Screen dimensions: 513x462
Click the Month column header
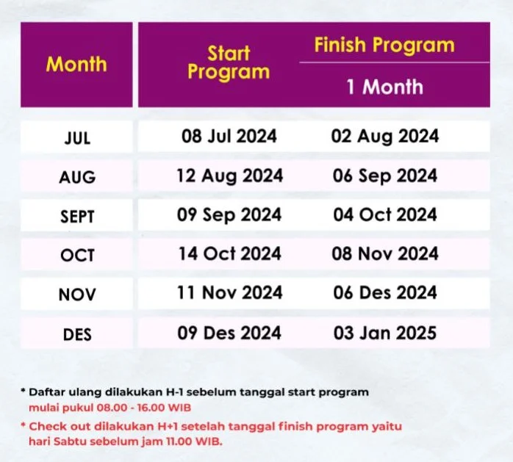76,64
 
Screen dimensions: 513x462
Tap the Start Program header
229,62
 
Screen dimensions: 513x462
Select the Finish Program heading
384,46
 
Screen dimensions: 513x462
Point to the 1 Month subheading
385,87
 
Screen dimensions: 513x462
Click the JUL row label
77,138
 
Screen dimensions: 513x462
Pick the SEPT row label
77,217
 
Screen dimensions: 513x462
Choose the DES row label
77,334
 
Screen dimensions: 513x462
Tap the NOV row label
77,295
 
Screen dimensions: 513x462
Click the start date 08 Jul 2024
229,136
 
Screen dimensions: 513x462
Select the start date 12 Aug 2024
229,176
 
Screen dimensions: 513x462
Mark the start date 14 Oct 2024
229,253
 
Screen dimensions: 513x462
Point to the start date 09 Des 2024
229,333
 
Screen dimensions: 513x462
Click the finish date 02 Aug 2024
385,137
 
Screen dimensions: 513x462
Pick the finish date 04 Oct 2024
385,214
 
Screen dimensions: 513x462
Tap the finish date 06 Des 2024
385,292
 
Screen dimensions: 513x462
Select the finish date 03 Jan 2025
385,333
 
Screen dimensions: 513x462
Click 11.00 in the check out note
179,441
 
